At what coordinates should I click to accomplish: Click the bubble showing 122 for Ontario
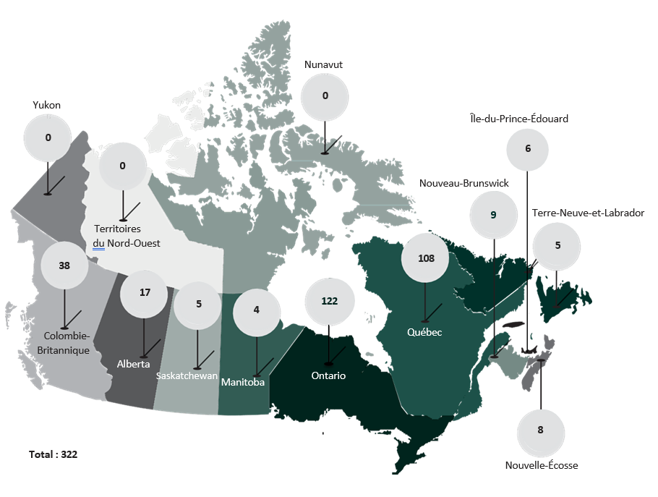329,301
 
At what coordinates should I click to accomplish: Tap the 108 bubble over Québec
426,258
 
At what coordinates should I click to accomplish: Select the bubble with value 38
64,266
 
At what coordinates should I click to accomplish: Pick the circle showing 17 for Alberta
144,293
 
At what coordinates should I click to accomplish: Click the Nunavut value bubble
325,95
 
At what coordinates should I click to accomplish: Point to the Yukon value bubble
48,137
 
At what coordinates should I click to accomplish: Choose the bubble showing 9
493,215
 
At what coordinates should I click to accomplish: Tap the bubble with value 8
540,430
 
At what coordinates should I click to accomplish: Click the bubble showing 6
528,149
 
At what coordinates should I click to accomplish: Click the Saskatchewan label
187,376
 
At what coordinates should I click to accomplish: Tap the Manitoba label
243,382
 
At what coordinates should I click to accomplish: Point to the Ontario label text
328,376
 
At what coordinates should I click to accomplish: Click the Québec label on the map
424,333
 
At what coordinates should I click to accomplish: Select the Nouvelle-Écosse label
542,465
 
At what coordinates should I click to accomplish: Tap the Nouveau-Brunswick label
464,184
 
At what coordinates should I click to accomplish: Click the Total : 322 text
53,455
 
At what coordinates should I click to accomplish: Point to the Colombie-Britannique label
67,343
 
